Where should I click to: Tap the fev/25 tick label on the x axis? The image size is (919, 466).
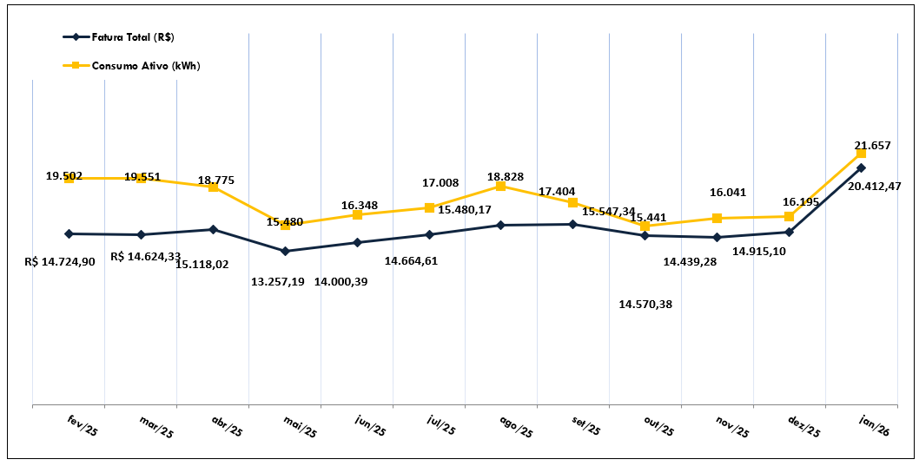click(83, 425)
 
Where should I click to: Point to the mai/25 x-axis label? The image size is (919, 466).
click(299, 425)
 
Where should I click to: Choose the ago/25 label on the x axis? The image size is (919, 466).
click(515, 425)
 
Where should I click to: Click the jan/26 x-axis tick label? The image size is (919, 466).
click(875, 425)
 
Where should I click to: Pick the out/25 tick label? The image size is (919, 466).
click(658, 425)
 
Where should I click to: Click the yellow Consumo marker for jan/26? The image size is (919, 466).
click(861, 154)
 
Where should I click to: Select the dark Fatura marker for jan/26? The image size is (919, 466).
click(861, 167)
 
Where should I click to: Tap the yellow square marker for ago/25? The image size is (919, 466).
click(500, 186)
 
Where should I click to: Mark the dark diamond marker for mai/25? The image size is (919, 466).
click(285, 252)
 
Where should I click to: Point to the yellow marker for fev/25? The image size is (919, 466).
click(69, 178)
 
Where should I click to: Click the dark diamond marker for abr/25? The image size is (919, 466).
click(213, 229)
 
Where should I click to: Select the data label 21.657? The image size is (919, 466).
click(872, 145)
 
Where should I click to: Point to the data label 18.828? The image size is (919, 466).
click(505, 176)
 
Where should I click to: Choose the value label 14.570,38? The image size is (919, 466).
click(645, 304)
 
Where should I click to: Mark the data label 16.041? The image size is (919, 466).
click(728, 193)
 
